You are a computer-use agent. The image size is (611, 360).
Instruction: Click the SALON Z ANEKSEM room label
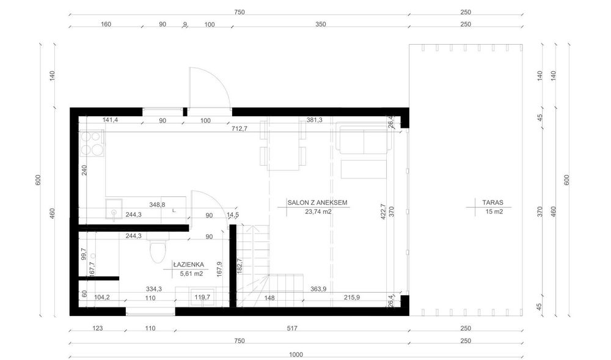[x=313, y=202]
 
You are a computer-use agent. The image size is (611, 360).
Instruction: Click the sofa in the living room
[x=361, y=140]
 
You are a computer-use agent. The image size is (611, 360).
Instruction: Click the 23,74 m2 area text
[x=318, y=212]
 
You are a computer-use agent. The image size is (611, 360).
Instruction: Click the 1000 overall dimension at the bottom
[x=296, y=353]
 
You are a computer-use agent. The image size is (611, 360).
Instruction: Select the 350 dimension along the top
[x=321, y=24]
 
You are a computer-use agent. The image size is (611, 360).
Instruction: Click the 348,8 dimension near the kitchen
[x=158, y=205]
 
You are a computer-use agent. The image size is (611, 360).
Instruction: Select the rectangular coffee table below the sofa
[x=364, y=169]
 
